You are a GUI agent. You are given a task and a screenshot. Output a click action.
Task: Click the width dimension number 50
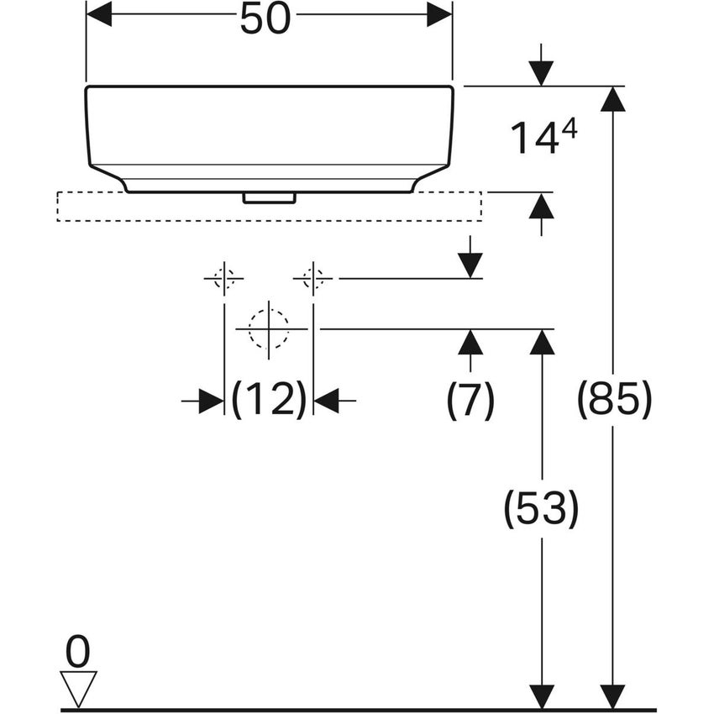265,19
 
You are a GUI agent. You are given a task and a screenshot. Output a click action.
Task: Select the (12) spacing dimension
269,401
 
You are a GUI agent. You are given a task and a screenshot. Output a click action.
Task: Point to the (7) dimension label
470,401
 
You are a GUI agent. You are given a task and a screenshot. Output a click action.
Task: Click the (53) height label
541,509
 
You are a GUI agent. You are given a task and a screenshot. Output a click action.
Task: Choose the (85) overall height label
614,400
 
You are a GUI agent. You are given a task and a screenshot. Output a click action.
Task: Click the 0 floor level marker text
77,653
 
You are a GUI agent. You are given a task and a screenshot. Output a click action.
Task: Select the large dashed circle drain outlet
269,328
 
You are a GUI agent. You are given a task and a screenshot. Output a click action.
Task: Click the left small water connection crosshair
224,278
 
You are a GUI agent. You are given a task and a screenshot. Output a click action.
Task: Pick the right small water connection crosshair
313,278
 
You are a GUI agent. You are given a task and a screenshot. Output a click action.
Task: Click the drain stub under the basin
269,198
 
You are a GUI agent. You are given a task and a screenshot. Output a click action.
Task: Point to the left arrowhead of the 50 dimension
100,13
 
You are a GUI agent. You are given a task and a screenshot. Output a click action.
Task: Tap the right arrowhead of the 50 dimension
439,13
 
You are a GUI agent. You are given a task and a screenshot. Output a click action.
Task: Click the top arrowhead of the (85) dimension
614,99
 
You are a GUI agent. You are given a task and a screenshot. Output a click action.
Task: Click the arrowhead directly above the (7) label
470,342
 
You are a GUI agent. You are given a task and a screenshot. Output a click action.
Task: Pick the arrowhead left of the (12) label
211,402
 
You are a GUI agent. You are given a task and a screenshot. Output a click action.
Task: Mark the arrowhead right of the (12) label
327,402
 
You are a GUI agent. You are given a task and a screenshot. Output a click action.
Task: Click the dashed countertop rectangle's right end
480,207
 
